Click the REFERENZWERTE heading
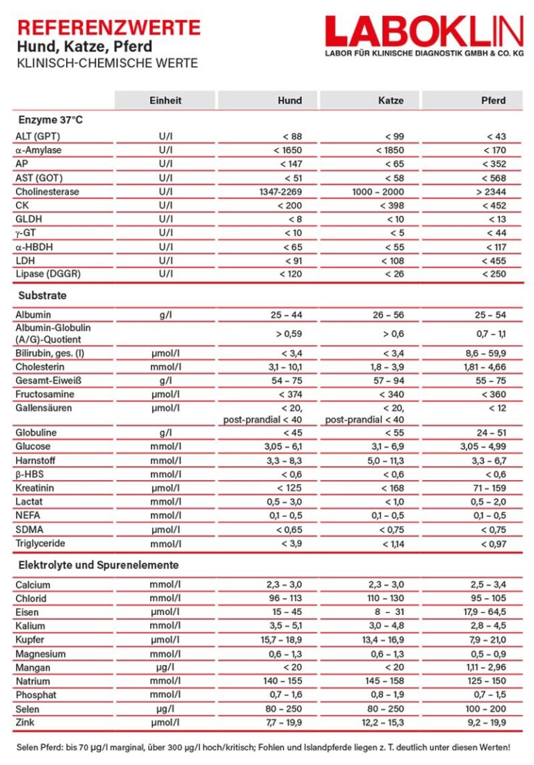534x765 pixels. (108, 28)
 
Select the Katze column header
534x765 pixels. (391, 101)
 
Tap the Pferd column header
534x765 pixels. (493, 101)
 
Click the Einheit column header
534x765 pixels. (165, 101)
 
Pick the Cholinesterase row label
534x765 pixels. (47, 191)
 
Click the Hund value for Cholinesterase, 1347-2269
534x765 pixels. (279, 191)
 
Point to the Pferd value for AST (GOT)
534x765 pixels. (493, 178)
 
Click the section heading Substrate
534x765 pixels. (42, 295)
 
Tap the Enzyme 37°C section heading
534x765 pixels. (50, 120)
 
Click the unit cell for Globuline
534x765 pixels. (165, 433)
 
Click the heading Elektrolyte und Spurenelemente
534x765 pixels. (98, 565)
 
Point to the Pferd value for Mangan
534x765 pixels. (487, 668)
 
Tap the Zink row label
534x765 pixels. (26, 723)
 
